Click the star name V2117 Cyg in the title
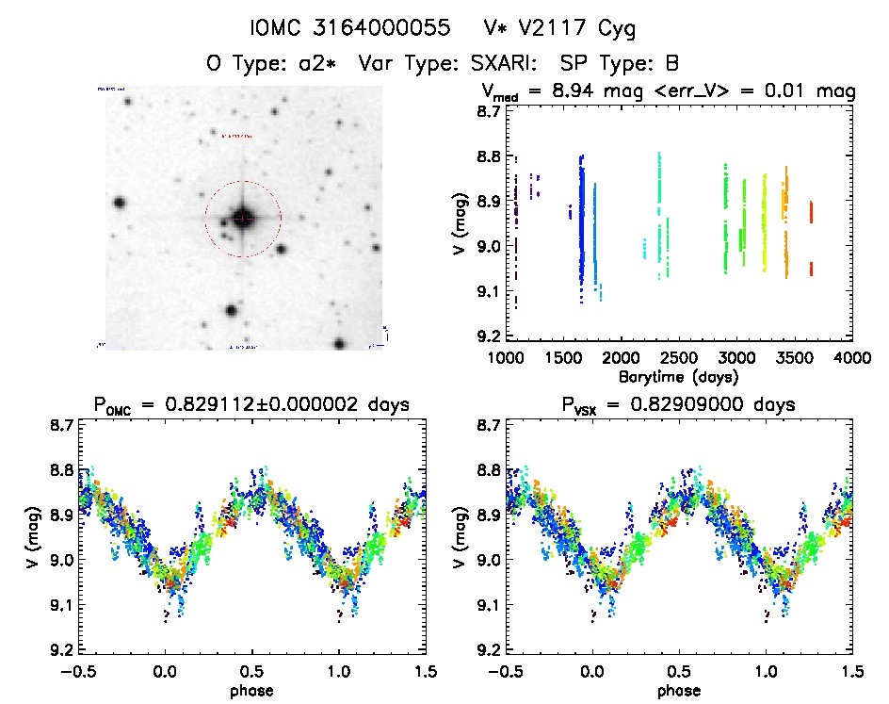tap(582, 29)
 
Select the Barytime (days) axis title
tap(679, 376)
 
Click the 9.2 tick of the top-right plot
tap(486, 336)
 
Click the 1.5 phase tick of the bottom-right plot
tap(851, 671)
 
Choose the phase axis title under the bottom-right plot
tap(679, 690)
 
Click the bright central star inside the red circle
tap(242, 219)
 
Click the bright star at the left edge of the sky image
tap(120, 203)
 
